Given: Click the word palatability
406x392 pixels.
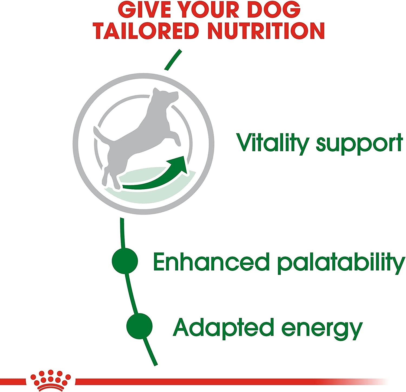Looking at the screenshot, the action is [341, 263].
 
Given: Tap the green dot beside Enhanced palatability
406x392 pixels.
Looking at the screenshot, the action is [125, 261].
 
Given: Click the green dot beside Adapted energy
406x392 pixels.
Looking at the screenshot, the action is [139, 326].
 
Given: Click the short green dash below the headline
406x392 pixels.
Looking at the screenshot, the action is [172, 60].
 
